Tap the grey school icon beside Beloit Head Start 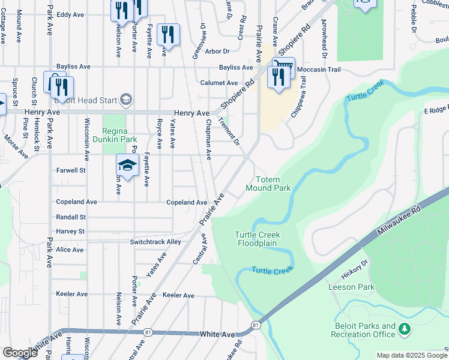click(125, 99)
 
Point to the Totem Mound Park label click(268, 184)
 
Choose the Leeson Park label click(351, 287)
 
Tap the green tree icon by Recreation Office click(405, 328)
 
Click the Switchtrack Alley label click(155, 242)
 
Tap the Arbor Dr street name click(218, 52)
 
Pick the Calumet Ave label click(219, 83)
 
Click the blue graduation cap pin click(128, 165)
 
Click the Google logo click(20, 353)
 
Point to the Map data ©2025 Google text click(411, 355)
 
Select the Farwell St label click(71, 170)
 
